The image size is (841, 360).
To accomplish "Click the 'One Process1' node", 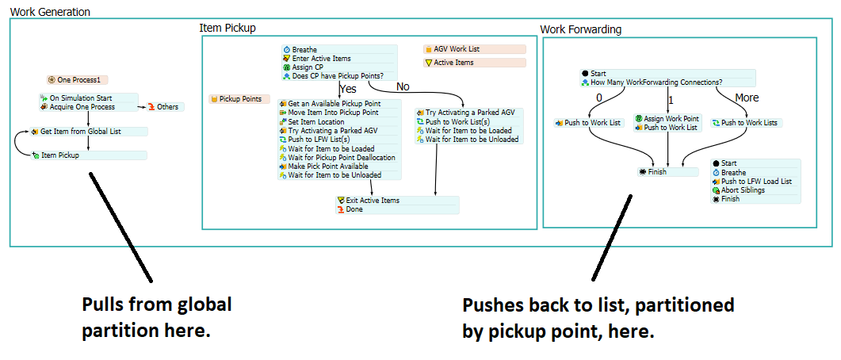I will coord(78,79).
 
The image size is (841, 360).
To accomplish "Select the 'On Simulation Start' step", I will coord(76,98).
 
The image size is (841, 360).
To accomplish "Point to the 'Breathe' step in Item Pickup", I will coord(304,49).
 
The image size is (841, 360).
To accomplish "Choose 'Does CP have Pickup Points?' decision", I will coord(338,75).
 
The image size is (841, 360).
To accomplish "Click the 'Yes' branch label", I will coord(348,89).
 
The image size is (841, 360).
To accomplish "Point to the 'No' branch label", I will coord(403,86).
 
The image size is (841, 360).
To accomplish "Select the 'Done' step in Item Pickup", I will coord(355,209).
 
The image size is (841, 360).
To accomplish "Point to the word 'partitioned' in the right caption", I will coord(686,305).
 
